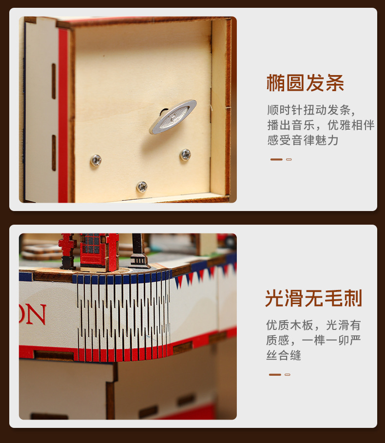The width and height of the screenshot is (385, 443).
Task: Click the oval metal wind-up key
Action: [x=173, y=116]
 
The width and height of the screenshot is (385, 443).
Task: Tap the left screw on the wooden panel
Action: [x=96, y=160]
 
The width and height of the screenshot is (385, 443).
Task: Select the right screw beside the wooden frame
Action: [x=185, y=154]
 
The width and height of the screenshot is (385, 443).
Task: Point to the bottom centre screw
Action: [x=142, y=187]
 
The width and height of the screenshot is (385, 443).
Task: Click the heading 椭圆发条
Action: [x=306, y=83]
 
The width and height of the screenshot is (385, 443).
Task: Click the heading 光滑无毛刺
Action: [x=313, y=298]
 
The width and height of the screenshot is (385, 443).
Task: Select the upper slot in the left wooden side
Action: [x=54, y=81]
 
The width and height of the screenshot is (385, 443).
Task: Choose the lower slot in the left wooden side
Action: [x=54, y=153]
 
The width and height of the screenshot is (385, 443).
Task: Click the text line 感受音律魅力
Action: [x=303, y=140]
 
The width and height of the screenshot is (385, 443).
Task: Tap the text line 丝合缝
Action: [x=284, y=355]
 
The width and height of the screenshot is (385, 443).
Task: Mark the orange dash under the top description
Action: [x=276, y=159]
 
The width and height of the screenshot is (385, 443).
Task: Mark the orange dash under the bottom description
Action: [x=275, y=375]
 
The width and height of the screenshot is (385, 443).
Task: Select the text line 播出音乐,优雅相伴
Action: [x=321, y=125]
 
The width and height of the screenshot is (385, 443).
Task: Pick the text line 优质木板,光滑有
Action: [x=313, y=325]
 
